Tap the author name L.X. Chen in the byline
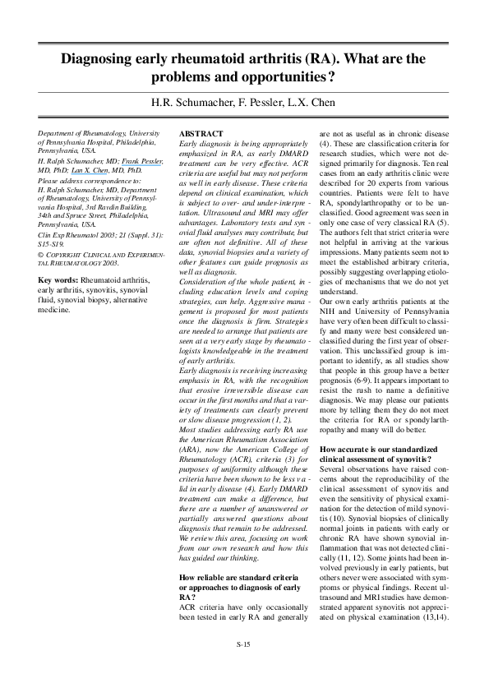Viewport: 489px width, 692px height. (x=311, y=102)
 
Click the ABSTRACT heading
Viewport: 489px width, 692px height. (x=201, y=133)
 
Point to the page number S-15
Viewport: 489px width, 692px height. (x=244, y=644)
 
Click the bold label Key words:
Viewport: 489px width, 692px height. (x=58, y=281)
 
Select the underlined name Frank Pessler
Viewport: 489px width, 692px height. (x=144, y=162)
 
